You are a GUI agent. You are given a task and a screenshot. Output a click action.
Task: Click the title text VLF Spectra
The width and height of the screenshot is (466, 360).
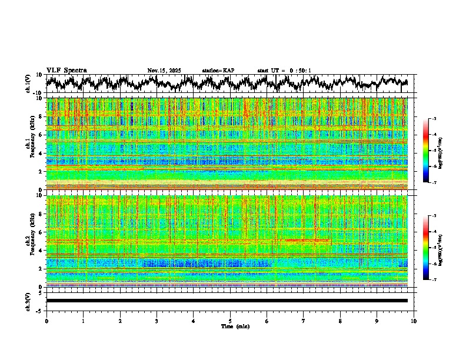[66, 71]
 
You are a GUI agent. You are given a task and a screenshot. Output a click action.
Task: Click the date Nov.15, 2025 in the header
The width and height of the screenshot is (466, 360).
[164, 71]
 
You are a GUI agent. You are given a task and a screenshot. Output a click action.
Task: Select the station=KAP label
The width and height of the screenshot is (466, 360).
[218, 71]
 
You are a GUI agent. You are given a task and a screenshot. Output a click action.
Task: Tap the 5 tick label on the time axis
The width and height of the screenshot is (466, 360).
[230, 321]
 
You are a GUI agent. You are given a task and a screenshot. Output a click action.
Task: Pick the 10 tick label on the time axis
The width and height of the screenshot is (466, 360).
[414, 321]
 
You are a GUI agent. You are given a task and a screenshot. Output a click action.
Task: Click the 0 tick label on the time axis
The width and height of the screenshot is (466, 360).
[46, 321]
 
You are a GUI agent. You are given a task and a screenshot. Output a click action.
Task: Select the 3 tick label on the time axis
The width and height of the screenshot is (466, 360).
[157, 321]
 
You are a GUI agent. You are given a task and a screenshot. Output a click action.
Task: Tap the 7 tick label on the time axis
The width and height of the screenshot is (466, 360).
[304, 321]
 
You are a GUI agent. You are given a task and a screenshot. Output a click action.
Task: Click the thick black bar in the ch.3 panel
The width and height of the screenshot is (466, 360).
[227, 301]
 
